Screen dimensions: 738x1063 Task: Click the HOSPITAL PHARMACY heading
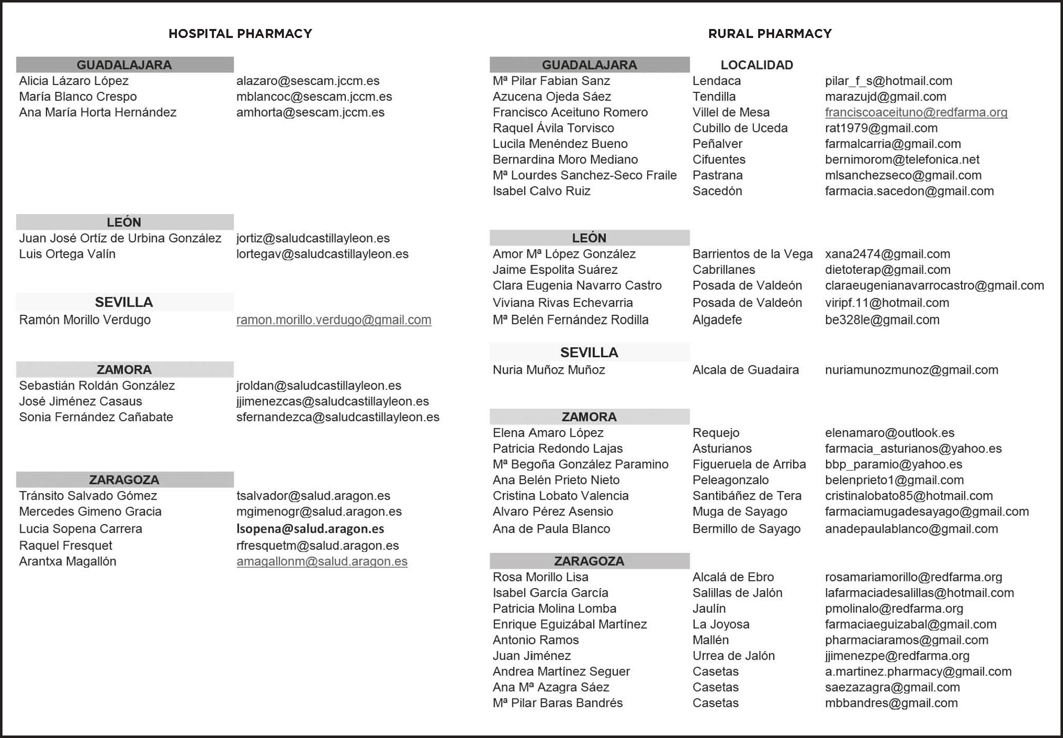pos(240,33)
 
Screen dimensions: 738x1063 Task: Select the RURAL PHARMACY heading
pos(770,33)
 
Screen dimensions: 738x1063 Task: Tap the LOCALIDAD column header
pos(757,65)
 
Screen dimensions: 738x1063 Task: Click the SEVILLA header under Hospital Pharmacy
pos(124,302)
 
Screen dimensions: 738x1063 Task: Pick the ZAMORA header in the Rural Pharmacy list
pos(589,417)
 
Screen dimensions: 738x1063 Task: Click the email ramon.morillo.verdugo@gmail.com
pos(333,320)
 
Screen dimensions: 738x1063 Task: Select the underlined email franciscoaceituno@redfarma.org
pos(916,112)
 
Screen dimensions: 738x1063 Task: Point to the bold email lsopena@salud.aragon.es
pos(310,529)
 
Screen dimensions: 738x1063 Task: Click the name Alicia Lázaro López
pos(73,81)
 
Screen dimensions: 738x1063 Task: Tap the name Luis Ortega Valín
pos(67,254)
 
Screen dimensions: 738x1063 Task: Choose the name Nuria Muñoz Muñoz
pos(548,370)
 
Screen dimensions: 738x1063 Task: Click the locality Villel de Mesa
pos(731,112)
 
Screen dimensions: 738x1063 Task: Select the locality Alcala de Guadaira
pos(745,370)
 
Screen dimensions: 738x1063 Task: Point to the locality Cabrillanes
pos(723,270)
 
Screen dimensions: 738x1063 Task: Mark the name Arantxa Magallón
pos(67,561)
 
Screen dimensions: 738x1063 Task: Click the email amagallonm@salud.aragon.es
pos(322,561)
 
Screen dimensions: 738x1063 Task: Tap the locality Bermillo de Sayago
pos(746,529)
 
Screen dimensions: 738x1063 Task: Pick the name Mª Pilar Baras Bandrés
pos(557,703)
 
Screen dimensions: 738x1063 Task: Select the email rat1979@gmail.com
pos(881,128)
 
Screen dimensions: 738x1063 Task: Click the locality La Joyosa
pos(721,624)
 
